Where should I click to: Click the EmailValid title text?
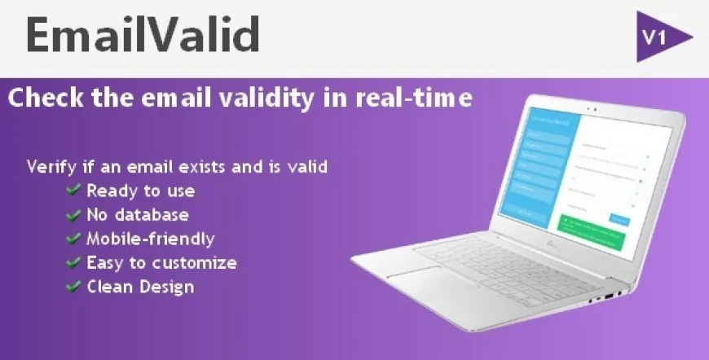click(x=143, y=35)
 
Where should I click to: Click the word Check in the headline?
click(x=40, y=99)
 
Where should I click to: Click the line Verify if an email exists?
click(x=177, y=167)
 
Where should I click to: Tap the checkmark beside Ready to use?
click(x=73, y=191)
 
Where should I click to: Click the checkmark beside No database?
click(x=73, y=215)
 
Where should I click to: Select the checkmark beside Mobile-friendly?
click(x=73, y=239)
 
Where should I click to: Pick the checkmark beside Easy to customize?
click(x=73, y=263)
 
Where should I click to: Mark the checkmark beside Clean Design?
click(x=73, y=287)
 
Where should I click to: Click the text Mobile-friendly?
click(x=151, y=239)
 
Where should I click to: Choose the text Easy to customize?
click(x=161, y=263)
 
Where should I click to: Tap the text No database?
click(x=138, y=215)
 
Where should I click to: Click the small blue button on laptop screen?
click(x=619, y=218)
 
